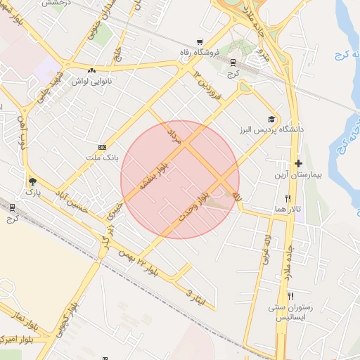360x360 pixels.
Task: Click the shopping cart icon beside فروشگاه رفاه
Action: click(x=200, y=41)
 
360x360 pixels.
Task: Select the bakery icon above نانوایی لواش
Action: click(x=91, y=70)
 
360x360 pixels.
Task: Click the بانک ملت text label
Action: click(x=101, y=157)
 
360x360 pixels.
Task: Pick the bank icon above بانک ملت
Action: click(x=103, y=147)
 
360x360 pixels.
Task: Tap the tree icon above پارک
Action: click(x=32, y=181)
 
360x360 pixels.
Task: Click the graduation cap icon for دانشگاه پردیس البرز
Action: click(x=271, y=119)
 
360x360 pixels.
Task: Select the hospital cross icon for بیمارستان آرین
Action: click(x=299, y=163)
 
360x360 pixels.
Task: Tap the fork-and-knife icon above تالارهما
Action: click(x=288, y=198)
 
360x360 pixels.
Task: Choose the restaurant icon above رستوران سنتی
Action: click(x=290, y=296)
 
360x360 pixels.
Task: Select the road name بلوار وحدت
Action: click(x=195, y=202)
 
